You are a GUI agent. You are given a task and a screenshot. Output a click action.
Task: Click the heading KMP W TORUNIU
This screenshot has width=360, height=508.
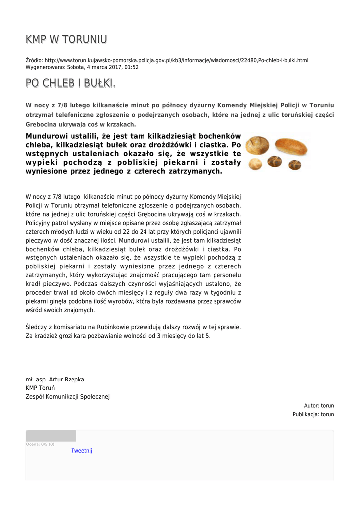67,39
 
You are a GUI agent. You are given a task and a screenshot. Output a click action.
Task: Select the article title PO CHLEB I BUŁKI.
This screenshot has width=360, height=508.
71,83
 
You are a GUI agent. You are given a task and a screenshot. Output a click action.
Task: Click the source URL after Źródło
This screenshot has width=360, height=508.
176,60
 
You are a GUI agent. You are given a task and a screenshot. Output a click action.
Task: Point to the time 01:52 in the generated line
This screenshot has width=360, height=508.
132,67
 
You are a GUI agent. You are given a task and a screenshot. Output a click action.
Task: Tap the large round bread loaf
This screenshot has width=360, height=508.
257,145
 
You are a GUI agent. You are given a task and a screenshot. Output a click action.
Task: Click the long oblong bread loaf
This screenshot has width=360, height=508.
291,146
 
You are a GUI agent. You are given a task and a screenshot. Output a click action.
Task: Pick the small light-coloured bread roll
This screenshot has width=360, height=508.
255,164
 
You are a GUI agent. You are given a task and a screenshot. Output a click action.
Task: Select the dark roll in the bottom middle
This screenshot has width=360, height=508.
274,161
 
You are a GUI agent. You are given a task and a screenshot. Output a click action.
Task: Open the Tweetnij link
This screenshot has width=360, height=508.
81,451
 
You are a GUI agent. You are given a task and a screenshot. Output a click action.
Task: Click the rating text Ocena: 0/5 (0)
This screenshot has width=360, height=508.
40,444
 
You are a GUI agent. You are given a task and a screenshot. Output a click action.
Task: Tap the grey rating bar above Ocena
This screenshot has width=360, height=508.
51,436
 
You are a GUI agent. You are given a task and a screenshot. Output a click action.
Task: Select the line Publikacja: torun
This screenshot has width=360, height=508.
313,414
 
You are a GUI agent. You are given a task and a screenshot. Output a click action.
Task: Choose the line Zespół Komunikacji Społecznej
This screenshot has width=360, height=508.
68,396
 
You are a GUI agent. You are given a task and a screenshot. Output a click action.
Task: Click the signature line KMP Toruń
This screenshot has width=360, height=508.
40,388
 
